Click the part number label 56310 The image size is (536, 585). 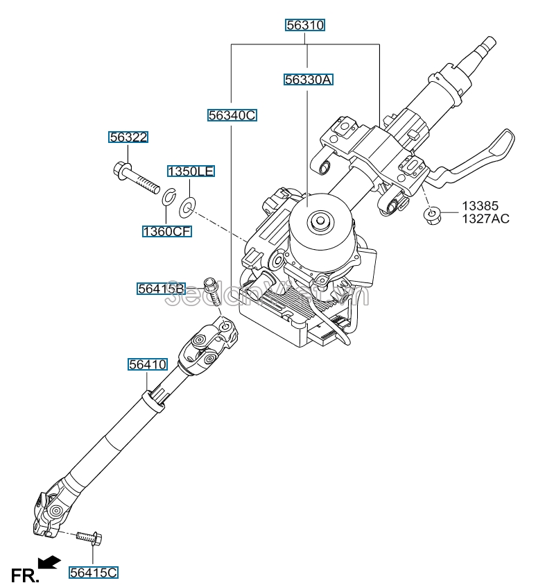(x=306, y=26)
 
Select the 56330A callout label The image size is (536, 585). (x=308, y=80)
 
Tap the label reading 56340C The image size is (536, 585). (x=232, y=116)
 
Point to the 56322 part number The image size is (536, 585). (x=128, y=137)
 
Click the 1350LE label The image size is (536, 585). (x=189, y=171)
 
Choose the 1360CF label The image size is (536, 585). (x=166, y=231)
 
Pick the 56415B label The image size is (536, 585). (x=160, y=288)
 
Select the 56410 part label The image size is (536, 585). (x=147, y=363)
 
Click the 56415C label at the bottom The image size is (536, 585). (x=94, y=573)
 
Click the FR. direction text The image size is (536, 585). (x=25, y=575)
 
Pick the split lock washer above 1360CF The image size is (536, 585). (x=168, y=198)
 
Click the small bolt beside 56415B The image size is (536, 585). (x=211, y=290)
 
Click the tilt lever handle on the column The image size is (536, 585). (x=485, y=156)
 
